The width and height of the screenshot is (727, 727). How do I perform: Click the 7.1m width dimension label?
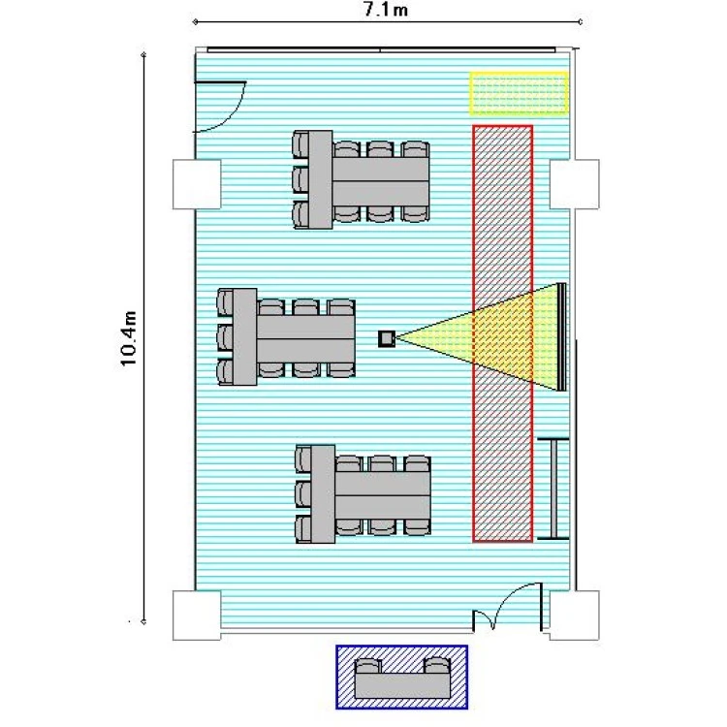point(386,10)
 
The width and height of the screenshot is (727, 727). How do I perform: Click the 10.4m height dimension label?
point(128,338)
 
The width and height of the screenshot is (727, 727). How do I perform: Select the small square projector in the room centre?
point(386,338)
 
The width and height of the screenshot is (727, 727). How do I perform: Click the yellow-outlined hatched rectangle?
point(519,93)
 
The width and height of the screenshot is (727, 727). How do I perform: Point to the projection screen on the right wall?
point(561,336)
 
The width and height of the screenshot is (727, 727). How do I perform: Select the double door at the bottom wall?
point(508,609)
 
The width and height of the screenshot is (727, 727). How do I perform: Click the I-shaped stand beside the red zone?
point(553,489)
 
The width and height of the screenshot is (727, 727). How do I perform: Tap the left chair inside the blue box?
point(367,666)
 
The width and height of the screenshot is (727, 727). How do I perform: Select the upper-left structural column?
point(197,184)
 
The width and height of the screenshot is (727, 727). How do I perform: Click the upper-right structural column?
point(574,184)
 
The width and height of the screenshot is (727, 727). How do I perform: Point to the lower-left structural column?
point(197,616)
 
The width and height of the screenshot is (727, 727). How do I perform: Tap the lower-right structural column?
point(574,616)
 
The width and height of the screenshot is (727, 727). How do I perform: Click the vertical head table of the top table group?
point(321,179)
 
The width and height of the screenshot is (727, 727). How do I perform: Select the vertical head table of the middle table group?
point(245,337)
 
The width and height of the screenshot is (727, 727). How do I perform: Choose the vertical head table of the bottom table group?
point(323,494)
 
